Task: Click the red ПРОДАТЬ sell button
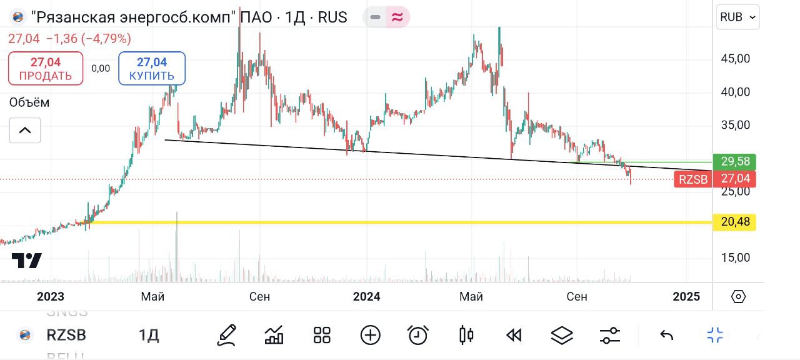tap(45, 68)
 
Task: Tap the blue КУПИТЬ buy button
tap(152, 68)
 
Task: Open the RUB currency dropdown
tap(737, 17)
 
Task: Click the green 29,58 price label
tap(735, 162)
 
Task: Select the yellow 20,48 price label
tap(735, 222)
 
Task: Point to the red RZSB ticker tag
tap(693, 180)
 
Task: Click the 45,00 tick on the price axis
tap(735, 59)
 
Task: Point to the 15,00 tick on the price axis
tap(735, 257)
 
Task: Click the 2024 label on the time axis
tap(366, 296)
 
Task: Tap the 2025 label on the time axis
tap(687, 296)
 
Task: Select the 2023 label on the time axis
tap(51, 296)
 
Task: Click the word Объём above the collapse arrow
tap(29, 102)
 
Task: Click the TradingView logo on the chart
tap(27, 261)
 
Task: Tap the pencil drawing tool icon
tap(226, 336)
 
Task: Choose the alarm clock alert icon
tap(417, 336)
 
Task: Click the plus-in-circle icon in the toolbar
tap(370, 336)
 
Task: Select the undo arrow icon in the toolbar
tap(666, 336)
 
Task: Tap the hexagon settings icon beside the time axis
tap(738, 296)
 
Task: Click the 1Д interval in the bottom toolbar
tap(149, 336)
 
